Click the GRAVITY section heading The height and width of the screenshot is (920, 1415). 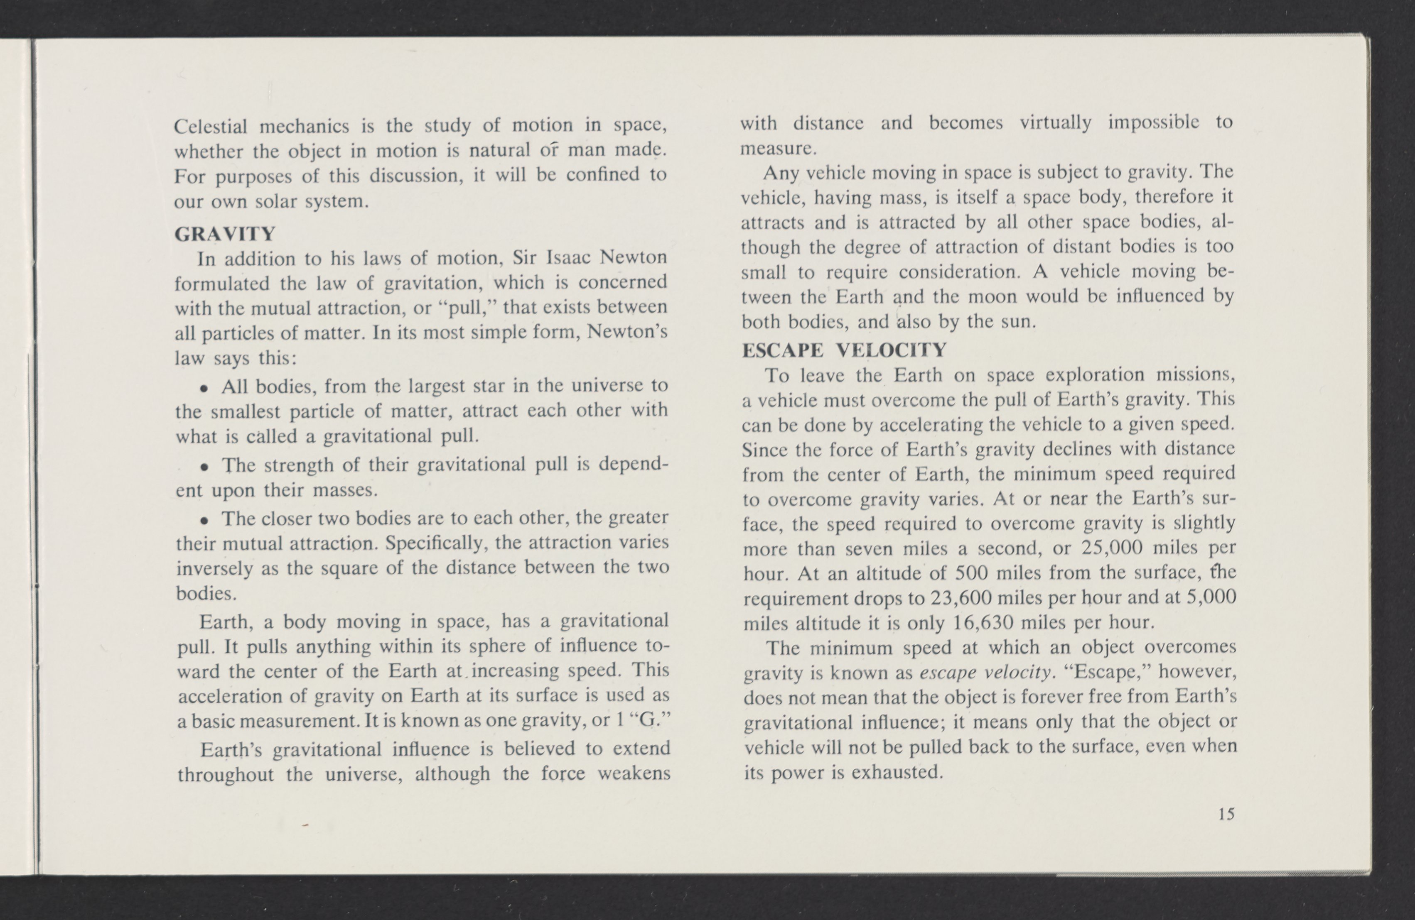pyautogui.click(x=225, y=234)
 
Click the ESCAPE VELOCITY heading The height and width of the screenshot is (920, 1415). pyautogui.click(x=844, y=350)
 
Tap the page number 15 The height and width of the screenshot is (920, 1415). pyautogui.click(x=1226, y=814)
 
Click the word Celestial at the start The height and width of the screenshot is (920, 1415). pyautogui.click(x=211, y=127)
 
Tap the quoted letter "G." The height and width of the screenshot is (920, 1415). pyautogui.click(x=653, y=720)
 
